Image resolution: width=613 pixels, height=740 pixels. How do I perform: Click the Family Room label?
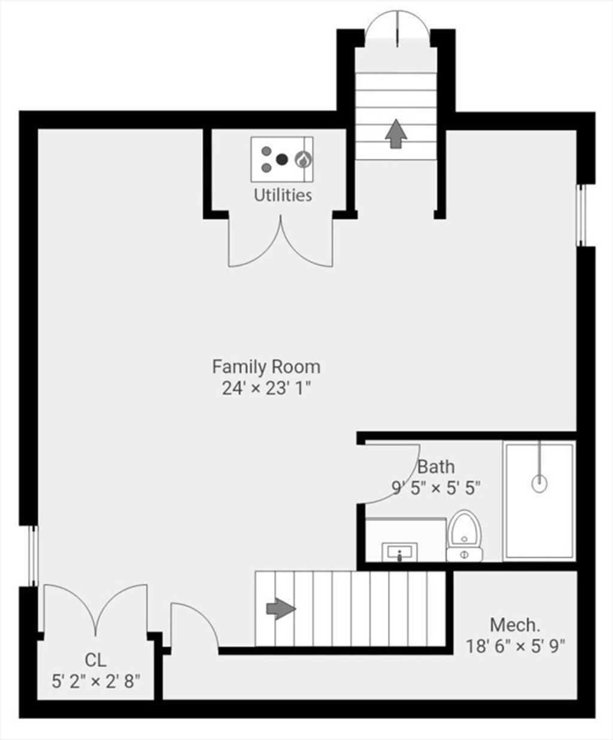[266, 367]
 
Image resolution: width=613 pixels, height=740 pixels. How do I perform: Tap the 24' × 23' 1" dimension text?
[266, 388]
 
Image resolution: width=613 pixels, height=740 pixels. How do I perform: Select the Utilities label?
[283, 195]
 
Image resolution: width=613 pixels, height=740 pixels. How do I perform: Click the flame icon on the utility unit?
[303, 160]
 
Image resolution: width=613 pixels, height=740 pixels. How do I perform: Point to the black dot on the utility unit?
[281, 160]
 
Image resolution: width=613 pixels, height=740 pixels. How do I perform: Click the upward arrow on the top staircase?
[396, 134]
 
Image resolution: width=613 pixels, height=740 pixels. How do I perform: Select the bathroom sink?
[399, 552]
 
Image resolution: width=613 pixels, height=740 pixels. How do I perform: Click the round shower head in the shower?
[539, 484]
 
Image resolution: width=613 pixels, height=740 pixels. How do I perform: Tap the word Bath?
[436, 467]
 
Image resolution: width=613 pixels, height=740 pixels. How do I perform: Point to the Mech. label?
[515, 625]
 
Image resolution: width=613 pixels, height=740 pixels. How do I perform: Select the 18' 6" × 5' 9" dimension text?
[515, 646]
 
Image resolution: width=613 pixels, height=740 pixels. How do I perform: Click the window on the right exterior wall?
[581, 215]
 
